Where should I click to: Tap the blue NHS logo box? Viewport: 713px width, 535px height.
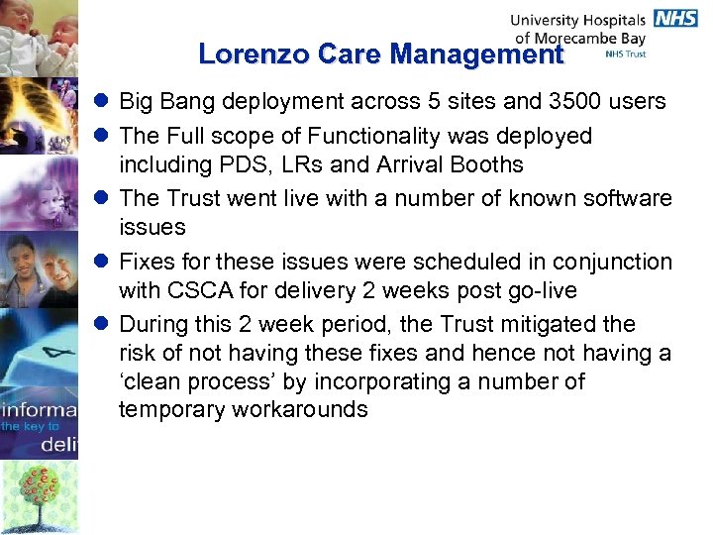point(675,19)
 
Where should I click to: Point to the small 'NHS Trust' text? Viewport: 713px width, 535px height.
point(626,53)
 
